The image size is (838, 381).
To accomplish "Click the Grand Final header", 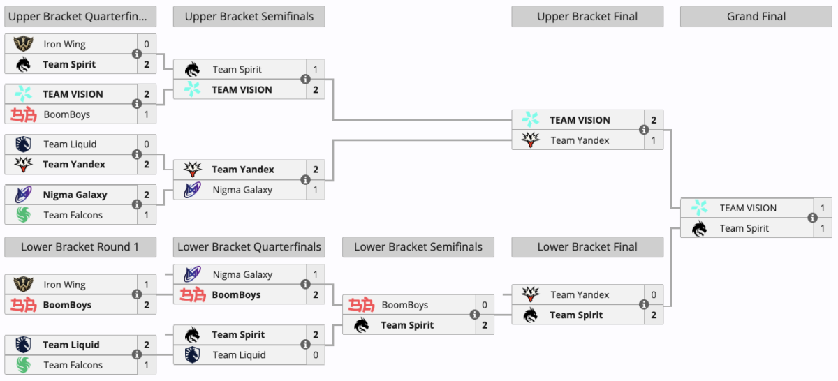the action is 756,17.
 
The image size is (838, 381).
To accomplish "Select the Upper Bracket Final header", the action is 587,17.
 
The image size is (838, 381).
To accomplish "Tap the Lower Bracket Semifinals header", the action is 418,247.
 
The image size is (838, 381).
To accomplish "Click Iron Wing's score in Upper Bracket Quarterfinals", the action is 147,44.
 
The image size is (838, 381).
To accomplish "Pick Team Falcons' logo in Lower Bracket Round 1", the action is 23,365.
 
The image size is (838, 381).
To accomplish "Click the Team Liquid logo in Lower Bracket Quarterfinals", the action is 192,354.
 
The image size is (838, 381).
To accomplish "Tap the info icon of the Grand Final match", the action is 812,218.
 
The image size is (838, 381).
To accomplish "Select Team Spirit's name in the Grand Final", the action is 744,228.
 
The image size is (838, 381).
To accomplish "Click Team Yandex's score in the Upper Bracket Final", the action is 654,140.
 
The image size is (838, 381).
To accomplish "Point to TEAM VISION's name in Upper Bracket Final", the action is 580,120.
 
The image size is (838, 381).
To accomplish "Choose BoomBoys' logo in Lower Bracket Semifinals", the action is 362,305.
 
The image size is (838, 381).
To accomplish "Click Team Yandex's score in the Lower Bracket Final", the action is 654,294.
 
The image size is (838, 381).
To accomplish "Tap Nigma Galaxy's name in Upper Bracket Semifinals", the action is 242,190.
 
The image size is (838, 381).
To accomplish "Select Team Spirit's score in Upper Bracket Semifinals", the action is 316,70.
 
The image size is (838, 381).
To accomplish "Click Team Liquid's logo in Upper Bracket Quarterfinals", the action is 23,144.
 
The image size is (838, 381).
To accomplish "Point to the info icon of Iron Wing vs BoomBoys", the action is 137,294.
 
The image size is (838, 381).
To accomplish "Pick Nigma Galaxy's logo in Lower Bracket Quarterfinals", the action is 192,274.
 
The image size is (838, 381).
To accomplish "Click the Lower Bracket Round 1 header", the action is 80,247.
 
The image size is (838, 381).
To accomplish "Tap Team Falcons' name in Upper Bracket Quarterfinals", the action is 73,215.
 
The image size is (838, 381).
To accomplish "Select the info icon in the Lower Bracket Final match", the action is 643,305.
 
